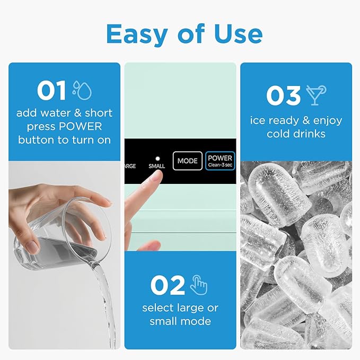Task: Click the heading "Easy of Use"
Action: pyautogui.click(x=184, y=34)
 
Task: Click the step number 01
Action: pyautogui.click(x=51, y=91)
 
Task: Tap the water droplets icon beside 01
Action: pyautogui.click(x=82, y=90)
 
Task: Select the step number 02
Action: pyautogui.click(x=167, y=286)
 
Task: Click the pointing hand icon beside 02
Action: pyautogui.click(x=199, y=285)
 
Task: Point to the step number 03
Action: pyautogui.click(x=283, y=96)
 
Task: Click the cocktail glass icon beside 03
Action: pyautogui.click(x=317, y=95)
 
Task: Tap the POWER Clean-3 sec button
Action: pyautogui.click(x=219, y=160)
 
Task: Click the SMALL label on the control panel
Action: pyautogui.click(x=156, y=166)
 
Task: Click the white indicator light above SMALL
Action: pyautogui.click(x=156, y=157)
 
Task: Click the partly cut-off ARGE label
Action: pyautogui.click(x=130, y=166)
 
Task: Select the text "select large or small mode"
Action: pyautogui.click(x=180, y=314)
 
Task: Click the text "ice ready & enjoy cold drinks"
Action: pyautogui.click(x=296, y=127)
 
